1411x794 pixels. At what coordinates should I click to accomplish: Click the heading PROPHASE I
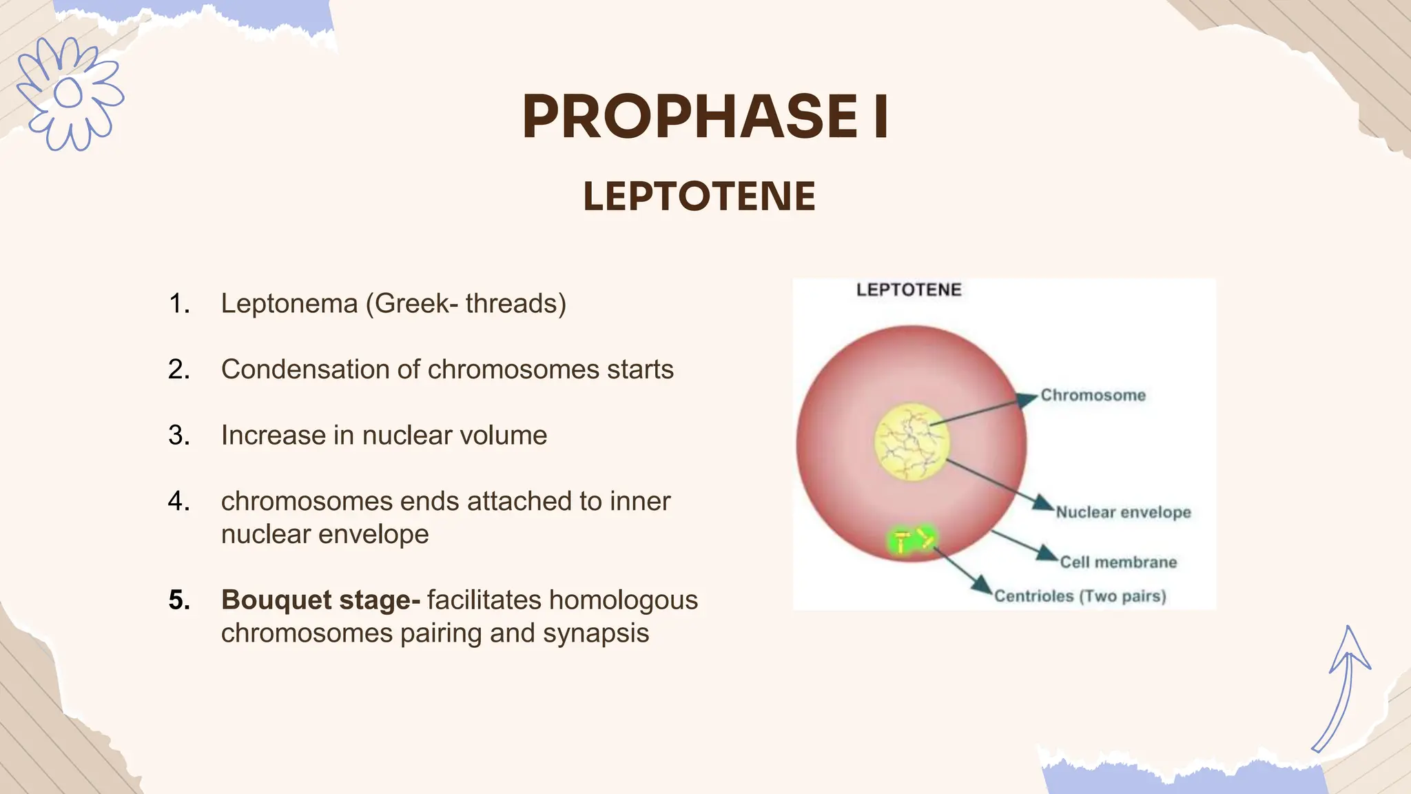(x=705, y=117)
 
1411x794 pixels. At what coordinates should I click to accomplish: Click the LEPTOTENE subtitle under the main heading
(x=699, y=196)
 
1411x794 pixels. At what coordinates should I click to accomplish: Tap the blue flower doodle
(x=69, y=94)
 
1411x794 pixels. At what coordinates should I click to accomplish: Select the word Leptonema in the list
(x=289, y=304)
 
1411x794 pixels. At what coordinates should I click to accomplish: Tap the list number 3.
(x=178, y=436)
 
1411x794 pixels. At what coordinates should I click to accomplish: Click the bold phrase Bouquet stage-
(x=320, y=600)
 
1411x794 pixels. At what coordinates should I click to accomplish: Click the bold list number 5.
(x=178, y=600)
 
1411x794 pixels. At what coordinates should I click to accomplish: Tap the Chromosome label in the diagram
(x=1093, y=396)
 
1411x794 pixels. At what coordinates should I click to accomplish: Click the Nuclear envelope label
(x=1123, y=513)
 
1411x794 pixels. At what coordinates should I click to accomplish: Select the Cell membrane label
(x=1118, y=562)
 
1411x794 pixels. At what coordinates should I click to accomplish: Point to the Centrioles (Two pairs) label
(x=1080, y=597)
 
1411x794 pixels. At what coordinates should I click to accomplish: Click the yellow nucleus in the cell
(x=911, y=441)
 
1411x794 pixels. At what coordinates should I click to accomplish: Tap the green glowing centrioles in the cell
(x=911, y=541)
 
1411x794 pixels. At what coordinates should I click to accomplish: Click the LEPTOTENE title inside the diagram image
(x=908, y=290)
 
